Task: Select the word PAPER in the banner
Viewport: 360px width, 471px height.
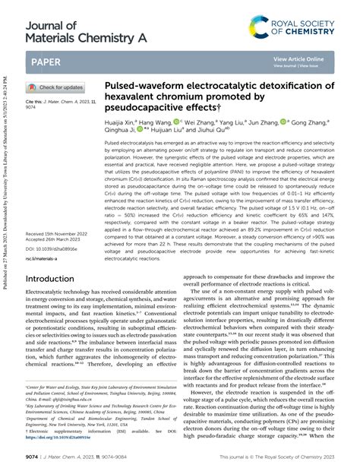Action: pyautogui.click(x=46, y=58)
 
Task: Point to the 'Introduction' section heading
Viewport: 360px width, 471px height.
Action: pyautogui.click(x=55, y=258)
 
